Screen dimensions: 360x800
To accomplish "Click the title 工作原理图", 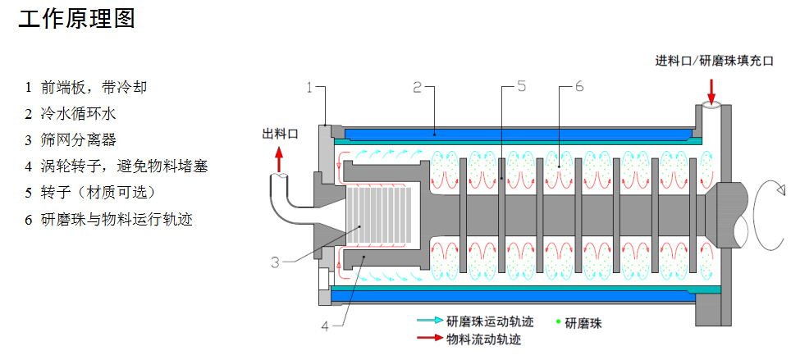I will click(76, 18).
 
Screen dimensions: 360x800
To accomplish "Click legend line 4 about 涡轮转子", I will click(116, 166).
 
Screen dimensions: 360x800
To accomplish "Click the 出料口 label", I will click(280, 134).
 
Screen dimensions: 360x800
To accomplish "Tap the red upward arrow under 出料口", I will click(279, 157).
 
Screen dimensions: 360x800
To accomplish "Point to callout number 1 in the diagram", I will click(311, 86).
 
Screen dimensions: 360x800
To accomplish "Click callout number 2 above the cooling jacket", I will click(417, 86).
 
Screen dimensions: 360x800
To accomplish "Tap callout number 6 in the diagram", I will click(578, 86).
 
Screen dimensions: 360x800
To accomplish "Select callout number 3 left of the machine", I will click(276, 262).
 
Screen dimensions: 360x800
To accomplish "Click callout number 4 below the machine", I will click(325, 326).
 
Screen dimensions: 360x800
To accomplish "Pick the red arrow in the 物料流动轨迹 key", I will click(427, 337).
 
